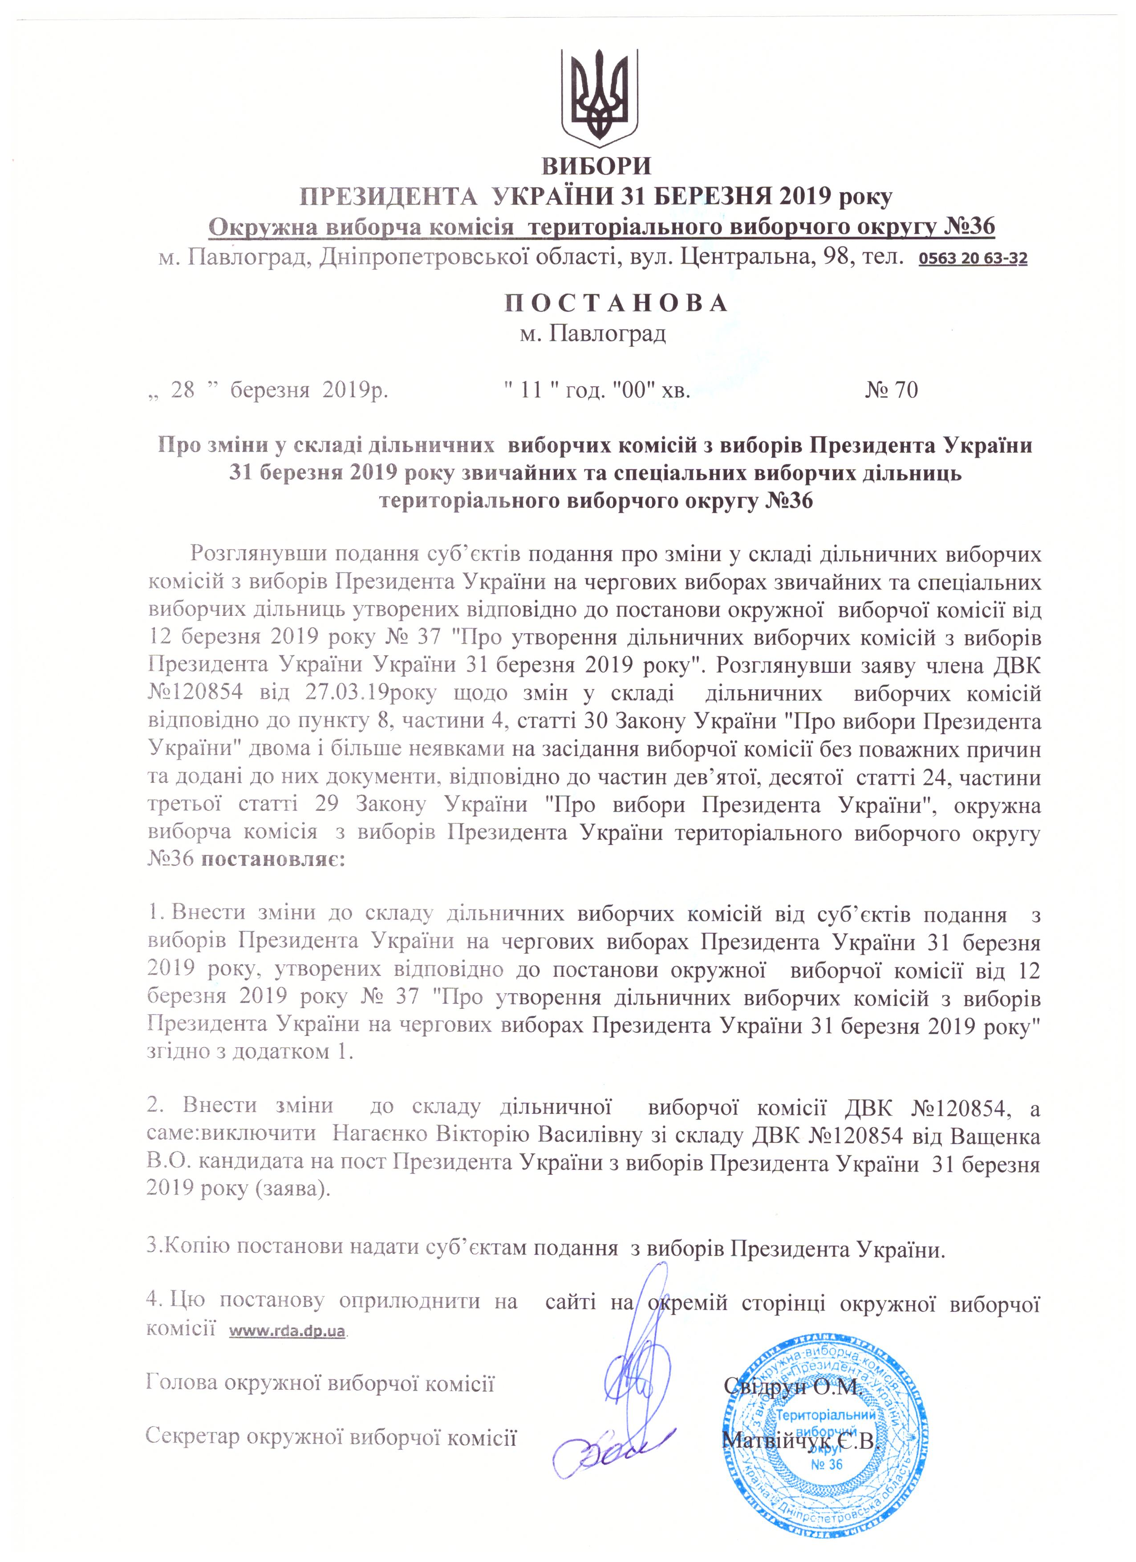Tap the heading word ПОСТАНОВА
pyautogui.click(x=617, y=303)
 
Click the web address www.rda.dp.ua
pyautogui.click(x=287, y=1330)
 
